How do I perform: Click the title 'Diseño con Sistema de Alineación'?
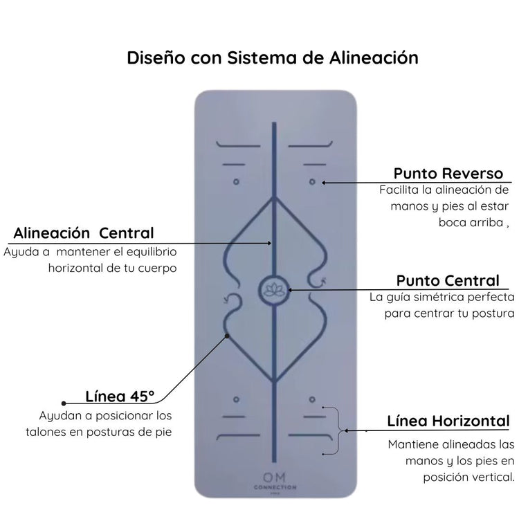[x=273, y=57]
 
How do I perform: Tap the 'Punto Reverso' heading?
[x=448, y=173]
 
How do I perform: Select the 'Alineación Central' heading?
[x=84, y=233]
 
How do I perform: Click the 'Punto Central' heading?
[x=448, y=281]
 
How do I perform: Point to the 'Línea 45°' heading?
[x=120, y=397]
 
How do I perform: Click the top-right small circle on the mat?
[x=312, y=182]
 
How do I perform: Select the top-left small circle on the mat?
[x=236, y=182]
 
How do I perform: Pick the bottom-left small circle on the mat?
[x=236, y=399]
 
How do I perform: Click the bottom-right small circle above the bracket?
[x=312, y=399]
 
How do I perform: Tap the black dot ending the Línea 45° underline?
[x=64, y=403]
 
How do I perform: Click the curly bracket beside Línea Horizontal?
[x=339, y=430]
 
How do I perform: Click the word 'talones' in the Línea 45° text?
[x=62, y=431]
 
